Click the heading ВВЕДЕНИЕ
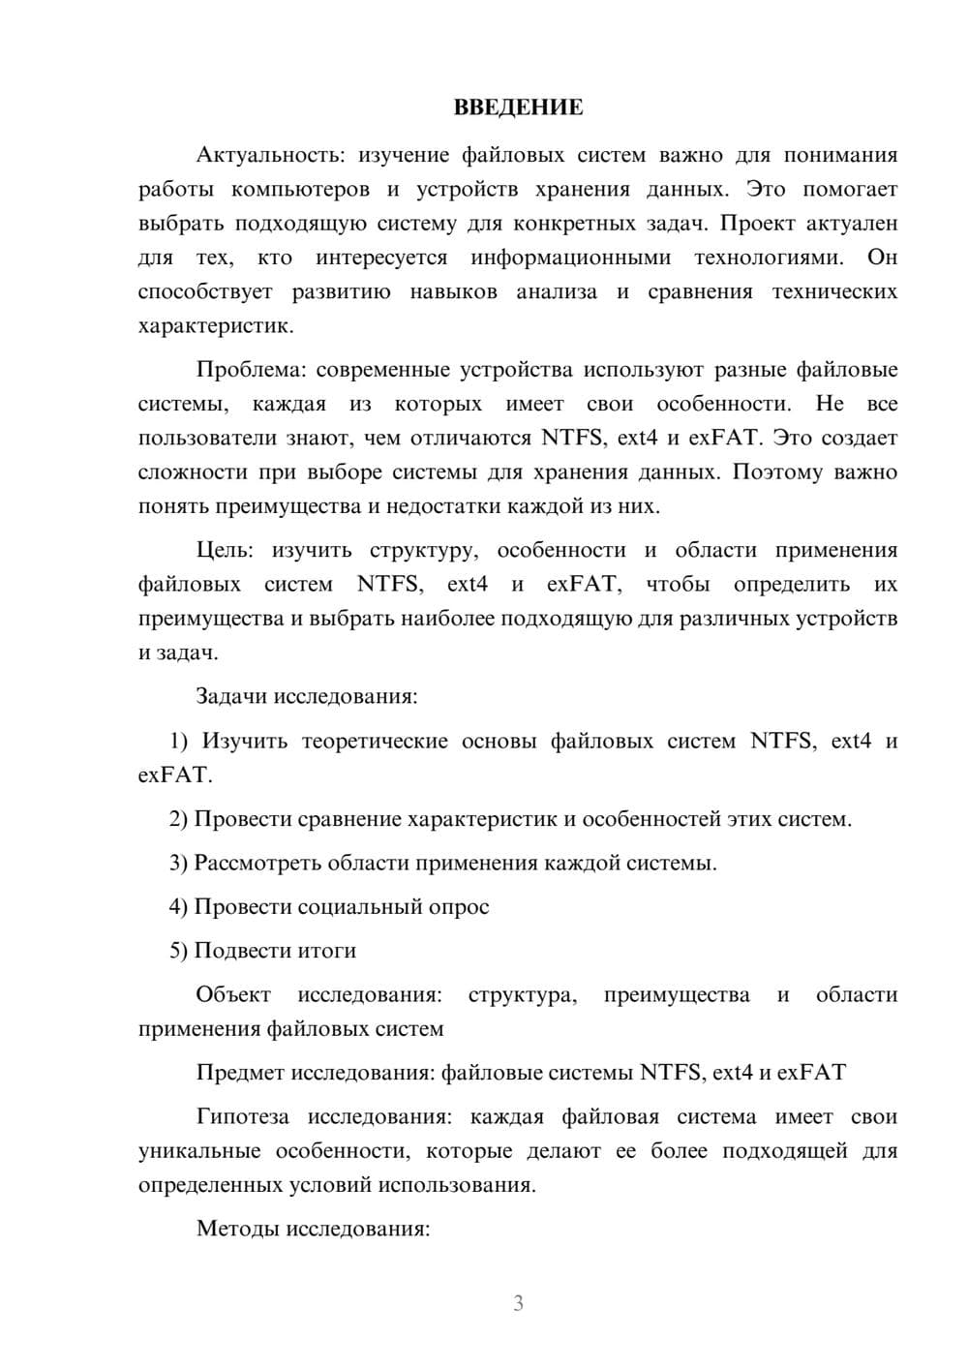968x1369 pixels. pyautogui.click(x=519, y=107)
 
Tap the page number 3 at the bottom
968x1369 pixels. pyautogui.click(x=518, y=1303)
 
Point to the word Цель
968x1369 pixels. pyautogui.click(x=224, y=550)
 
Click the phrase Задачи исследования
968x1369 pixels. pyautogui.click(x=306, y=696)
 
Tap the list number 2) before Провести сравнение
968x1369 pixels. pyautogui.click(x=178, y=819)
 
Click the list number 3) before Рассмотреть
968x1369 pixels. pyautogui.click(x=178, y=863)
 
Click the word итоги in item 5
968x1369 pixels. pyautogui.click(x=327, y=951)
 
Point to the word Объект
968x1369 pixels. pyautogui.click(x=233, y=994)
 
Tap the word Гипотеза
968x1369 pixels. pyautogui.click(x=242, y=1116)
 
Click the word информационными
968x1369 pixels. pyautogui.click(x=570, y=258)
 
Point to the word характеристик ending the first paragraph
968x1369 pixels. pyautogui.click(x=214, y=326)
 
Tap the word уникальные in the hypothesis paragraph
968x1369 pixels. pyautogui.click(x=199, y=1151)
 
